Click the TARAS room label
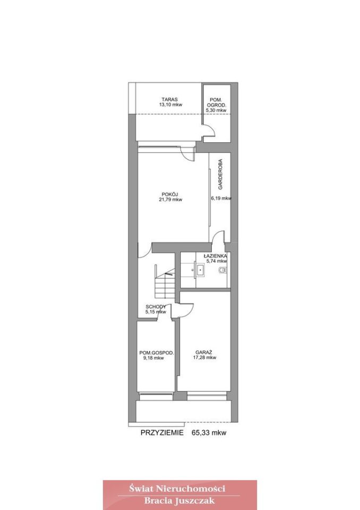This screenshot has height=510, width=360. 169,99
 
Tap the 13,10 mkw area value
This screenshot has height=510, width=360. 170,105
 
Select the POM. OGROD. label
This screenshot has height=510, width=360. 216,103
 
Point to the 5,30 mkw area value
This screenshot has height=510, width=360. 216,110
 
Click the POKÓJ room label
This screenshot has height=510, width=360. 170,194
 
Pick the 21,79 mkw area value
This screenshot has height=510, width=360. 170,200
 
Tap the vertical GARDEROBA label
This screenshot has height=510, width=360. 220,174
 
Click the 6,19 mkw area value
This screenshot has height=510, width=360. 221,198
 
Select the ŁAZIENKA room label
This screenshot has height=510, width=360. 216,256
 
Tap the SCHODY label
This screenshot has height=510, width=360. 156,307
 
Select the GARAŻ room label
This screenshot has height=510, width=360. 204,352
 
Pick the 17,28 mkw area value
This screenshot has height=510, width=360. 204,358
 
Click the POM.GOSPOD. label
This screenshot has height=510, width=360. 157,353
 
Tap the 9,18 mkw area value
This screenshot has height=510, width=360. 153,358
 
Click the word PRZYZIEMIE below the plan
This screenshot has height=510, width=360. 162,432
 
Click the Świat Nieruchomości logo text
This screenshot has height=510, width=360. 177,488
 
